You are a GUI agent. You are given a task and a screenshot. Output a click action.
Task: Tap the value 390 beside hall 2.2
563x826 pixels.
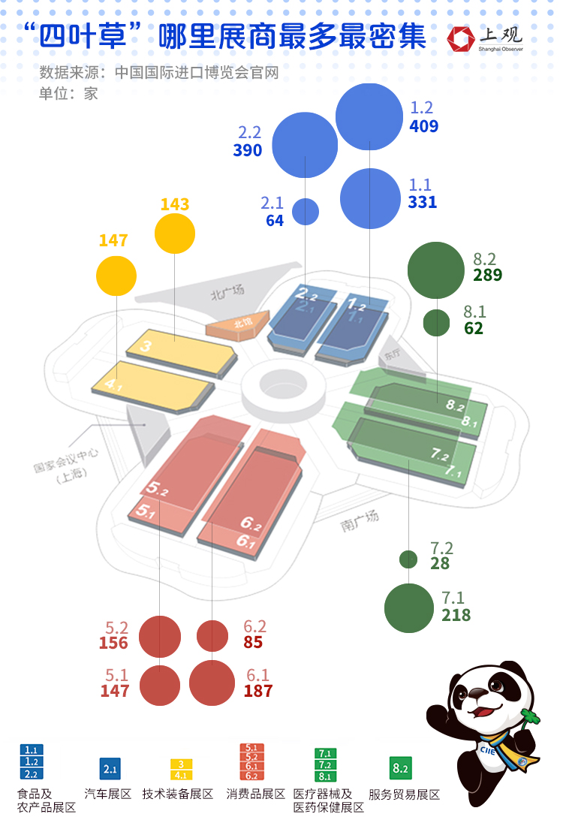[247, 150]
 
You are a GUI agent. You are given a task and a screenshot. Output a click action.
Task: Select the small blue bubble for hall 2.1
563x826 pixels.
[305, 212]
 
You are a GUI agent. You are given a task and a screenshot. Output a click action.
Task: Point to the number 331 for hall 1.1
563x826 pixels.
[423, 202]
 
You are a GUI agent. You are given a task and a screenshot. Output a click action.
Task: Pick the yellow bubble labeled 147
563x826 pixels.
[116, 276]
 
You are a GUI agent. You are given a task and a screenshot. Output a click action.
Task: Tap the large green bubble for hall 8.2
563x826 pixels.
[435, 271]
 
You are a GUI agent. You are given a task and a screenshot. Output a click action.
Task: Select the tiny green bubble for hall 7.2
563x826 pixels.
[408, 559]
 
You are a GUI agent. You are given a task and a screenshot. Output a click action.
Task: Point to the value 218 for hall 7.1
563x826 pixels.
[456, 615]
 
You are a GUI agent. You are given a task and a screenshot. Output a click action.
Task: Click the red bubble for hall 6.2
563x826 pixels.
[212, 636]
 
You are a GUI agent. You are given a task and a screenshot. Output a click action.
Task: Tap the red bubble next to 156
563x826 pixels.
[161, 636]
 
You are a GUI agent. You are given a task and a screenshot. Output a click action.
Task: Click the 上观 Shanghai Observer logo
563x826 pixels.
[485, 38]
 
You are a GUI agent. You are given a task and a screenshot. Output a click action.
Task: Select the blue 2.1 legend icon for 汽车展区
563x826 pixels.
[110, 769]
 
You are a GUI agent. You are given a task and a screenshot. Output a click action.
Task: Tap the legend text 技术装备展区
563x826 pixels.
[178, 794]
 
